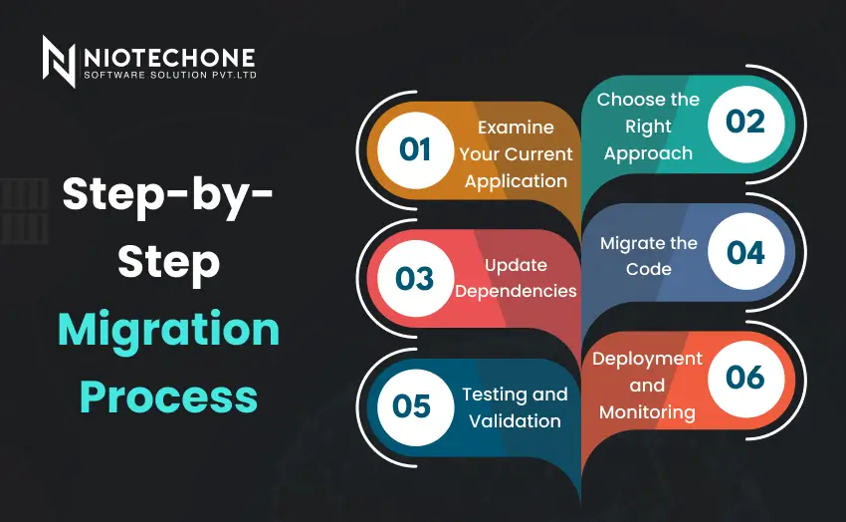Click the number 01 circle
pyautogui.click(x=414, y=149)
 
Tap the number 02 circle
pyautogui.click(x=745, y=122)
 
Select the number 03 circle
pyautogui.click(x=414, y=278)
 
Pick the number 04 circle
pyautogui.click(x=745, y=252)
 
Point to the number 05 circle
pyautogui.click(x=411, y=406)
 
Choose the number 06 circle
pyautogui.click(x=745, y=378)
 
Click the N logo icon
pyautogui.click(x=59, y=61)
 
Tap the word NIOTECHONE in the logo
pyautogui.click(x=169, y=57)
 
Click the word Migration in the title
pyautogui.click(x=168, y=330)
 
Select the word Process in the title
pyautogui.click(x=168, y=396)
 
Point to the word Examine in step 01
pyautogui.click(x=515, y=128)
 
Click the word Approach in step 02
pyautogui.click(x=648, y=153)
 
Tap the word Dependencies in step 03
pyautogui.click(x=516, y=291)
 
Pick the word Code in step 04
pyautogui.click(x=649, y=269)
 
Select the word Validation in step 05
pyautogui.click(x=515, y=420)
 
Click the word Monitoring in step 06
pyautogui.click(x=647, y=411)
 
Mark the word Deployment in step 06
pyautogui.click(x=647, y=359)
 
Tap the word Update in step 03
pyautogui.click(x=516, y=265)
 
